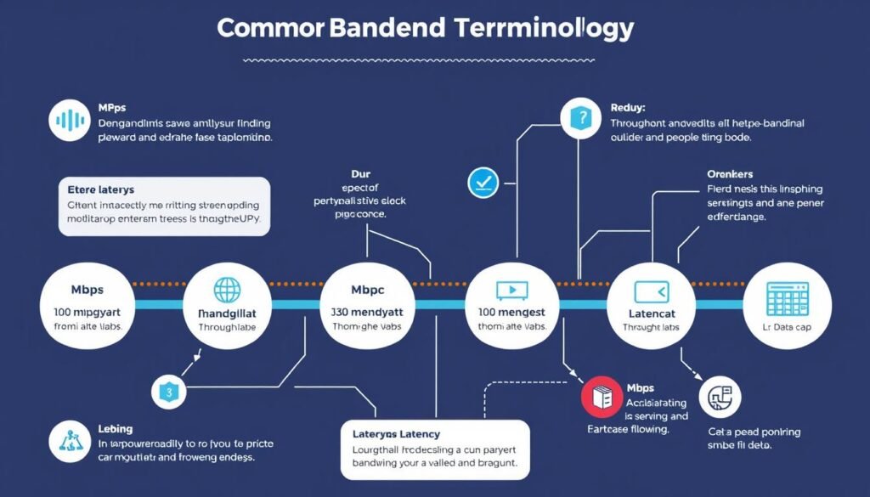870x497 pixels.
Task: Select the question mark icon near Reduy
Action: point(582,120)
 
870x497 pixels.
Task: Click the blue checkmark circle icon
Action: point(482,181)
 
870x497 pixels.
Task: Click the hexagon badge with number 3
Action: point(168,392)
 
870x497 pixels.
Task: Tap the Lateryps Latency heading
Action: point(396,434)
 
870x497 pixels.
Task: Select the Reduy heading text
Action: point(629,108)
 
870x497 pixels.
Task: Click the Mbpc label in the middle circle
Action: point(369,290)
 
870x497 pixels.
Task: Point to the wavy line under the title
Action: point(425,60)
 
